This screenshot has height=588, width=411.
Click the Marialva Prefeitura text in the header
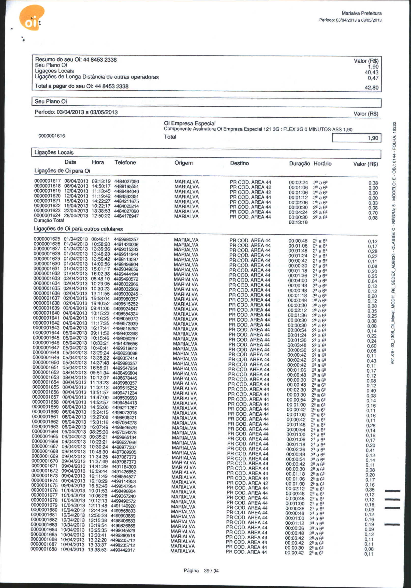(x=361, y=13)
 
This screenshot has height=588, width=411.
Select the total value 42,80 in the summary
(x=371, y=88)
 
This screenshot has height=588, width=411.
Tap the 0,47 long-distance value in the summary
(x=373, y=78)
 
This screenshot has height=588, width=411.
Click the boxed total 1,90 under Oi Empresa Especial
(x=373, y=138)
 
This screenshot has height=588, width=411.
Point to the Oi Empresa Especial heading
(x=190, y=123)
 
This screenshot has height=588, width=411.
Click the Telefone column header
(x=125, y=162)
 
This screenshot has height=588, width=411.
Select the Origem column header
(x=183, y=163)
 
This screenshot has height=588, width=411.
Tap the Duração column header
(x=299, y=163)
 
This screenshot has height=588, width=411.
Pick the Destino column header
(x=239, y=163)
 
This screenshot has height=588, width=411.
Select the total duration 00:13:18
(x=298, y=222)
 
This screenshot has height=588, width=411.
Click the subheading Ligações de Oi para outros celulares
(x=78, y=229)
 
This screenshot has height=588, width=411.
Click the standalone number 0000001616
(x=52, y=136)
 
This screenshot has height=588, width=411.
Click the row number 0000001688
(x=44, y=549)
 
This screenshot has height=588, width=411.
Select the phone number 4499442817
(x=122, y=550)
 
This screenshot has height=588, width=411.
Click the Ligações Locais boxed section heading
(x=54, y=152)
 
